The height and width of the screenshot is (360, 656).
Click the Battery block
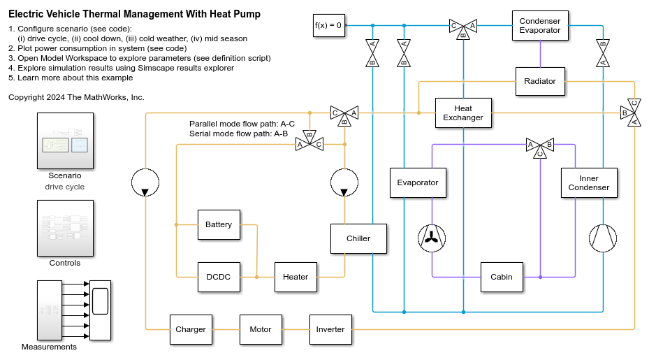(219, 225)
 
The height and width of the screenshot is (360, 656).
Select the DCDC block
(219, 277)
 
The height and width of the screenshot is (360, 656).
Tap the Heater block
(296, 277)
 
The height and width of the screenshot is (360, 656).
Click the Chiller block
(358, 238)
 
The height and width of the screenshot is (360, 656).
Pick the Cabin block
(502, 277)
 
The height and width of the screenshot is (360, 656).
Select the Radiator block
(540, 81)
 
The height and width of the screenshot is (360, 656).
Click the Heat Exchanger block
(463, 113)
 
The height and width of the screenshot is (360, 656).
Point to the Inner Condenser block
(589, 183)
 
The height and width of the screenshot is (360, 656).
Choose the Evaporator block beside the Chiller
(418, 183)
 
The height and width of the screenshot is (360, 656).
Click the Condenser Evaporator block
(540, 26)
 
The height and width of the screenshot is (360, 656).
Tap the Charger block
(191, 329)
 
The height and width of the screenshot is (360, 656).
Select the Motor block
(261, 329)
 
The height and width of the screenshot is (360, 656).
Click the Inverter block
(330, 329)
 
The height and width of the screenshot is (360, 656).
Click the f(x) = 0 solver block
(329, 26)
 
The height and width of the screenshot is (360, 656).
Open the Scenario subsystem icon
(65, 141)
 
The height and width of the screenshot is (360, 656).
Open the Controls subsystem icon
(65, 228)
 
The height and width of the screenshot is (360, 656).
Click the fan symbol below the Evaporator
(432, 238)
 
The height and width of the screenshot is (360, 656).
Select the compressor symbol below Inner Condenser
(603, 238)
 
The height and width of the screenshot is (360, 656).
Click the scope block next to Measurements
(101, 310)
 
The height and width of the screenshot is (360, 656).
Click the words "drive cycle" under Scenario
(65, 187)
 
